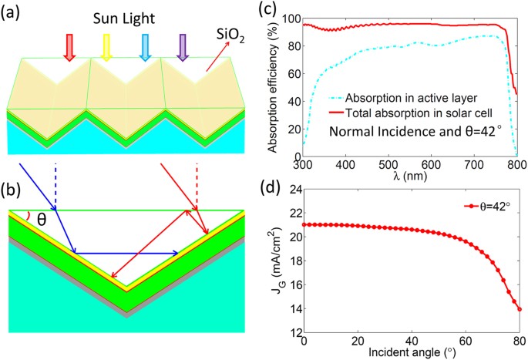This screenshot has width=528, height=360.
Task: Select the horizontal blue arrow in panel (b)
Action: pos(127,252)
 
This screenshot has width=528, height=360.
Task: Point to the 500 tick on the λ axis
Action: pos(388,165)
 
